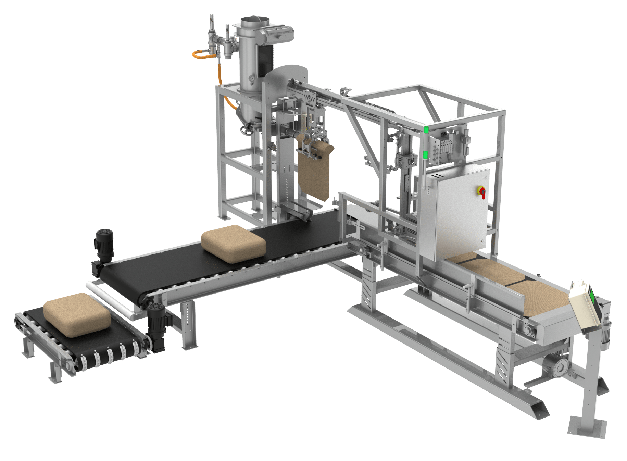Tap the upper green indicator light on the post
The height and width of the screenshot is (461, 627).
(426, 130)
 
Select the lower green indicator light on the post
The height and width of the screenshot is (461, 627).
(425, 155)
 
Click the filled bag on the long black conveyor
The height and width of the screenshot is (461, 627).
(233, 243)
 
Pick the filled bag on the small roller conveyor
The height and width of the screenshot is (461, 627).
(77, 314)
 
